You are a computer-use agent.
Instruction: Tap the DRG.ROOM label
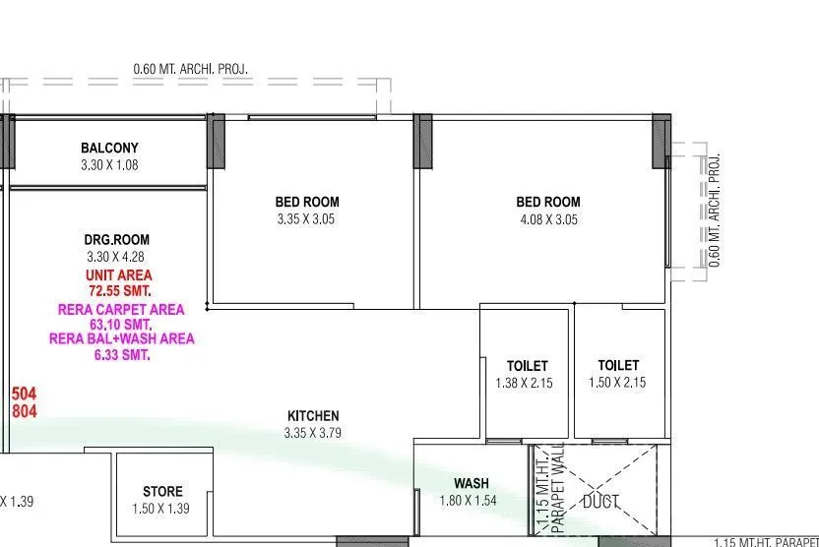click(117, 240)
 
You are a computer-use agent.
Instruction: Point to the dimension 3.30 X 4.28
click(118, 257)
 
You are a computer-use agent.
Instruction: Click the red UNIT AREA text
click(119, 275)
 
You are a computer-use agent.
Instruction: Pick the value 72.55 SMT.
click(119, 291)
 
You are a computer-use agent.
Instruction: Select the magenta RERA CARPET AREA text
click(121, 309)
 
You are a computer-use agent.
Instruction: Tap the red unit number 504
click(25, 394)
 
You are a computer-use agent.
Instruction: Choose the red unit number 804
click(25, 411)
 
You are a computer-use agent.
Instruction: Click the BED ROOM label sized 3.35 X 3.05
click(306, 203)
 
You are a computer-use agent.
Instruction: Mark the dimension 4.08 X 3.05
click(547, 219)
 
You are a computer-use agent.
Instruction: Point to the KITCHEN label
click(312, 416)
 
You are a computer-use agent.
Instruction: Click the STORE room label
click(162, 492)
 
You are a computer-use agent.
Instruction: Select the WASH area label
click(472, 484)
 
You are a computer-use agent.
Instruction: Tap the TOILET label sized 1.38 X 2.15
click(527, 366)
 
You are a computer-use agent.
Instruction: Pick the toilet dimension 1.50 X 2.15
click(617, 383)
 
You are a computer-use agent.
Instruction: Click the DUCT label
click(600, 502)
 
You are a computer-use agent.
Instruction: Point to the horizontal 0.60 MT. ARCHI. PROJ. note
click(191, 70)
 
